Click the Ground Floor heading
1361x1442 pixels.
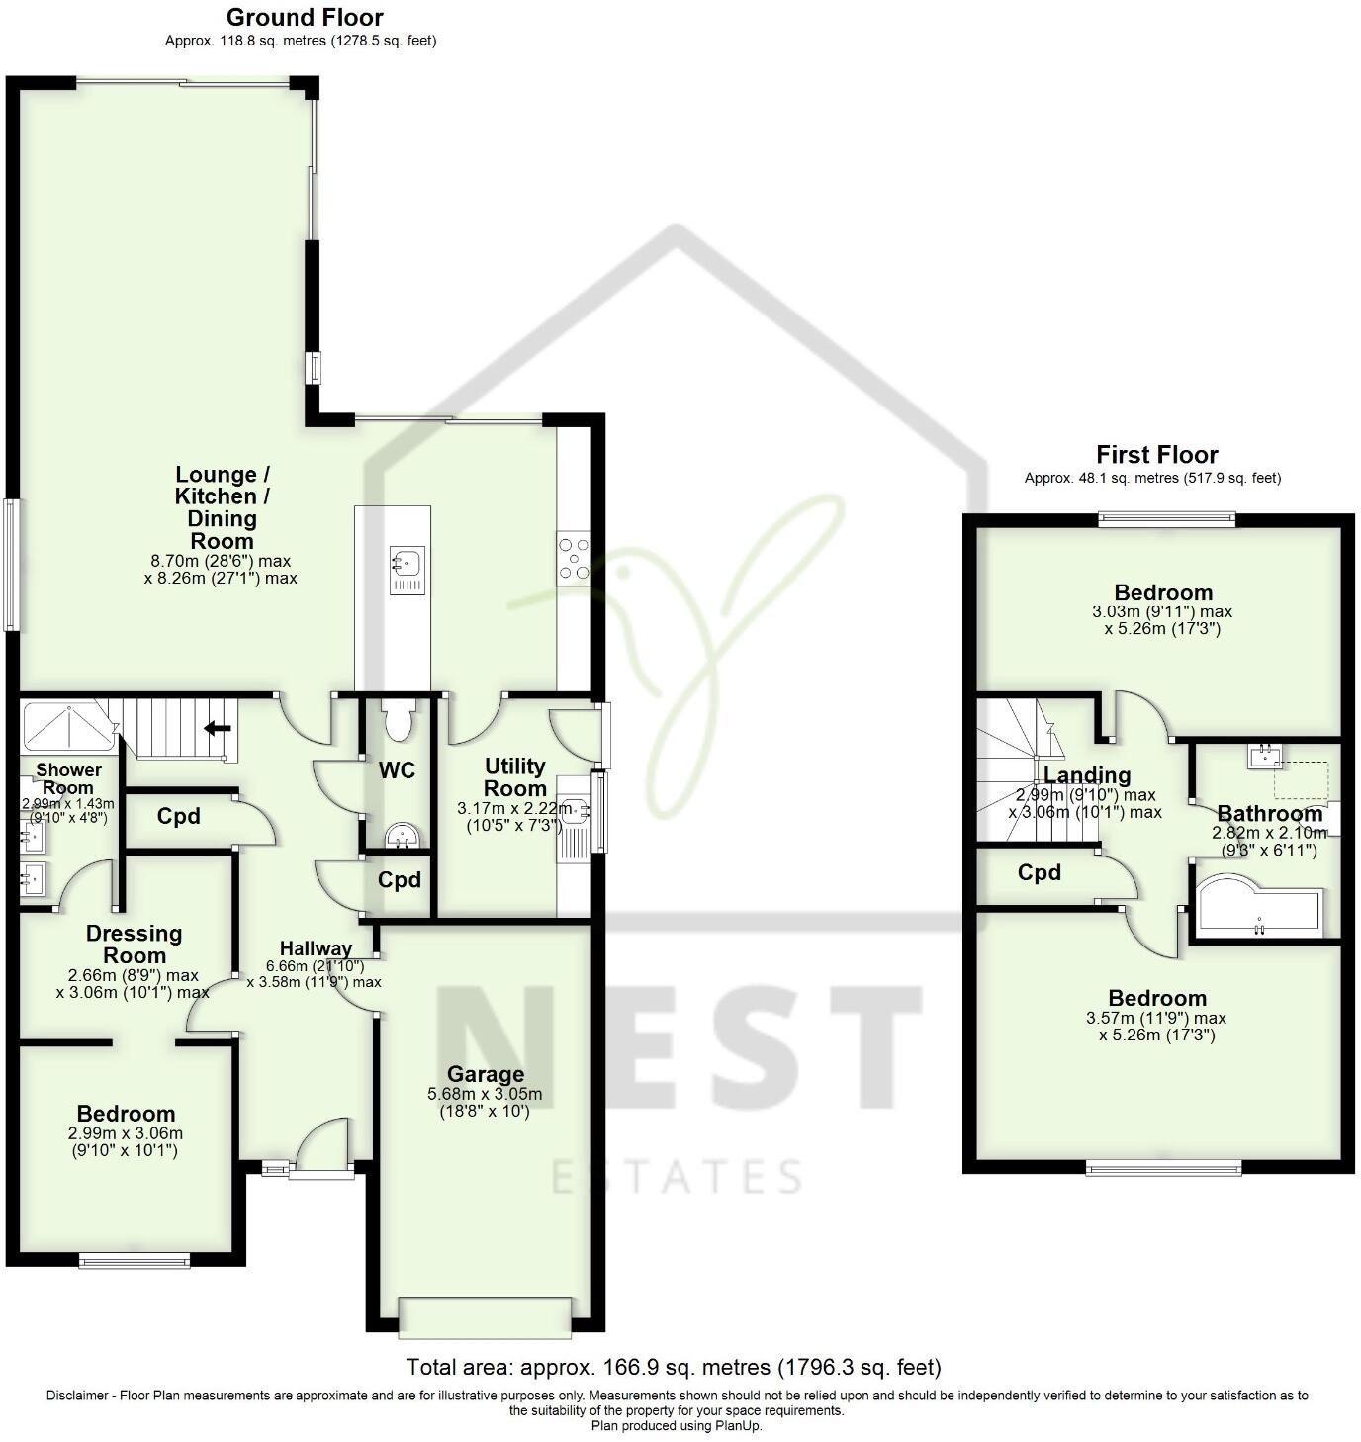tap(304, 17)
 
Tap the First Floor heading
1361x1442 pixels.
tap(1156, 455)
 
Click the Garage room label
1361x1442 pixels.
tap(485, 1074)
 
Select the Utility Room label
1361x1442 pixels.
tap(515, 777)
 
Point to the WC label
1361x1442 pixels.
tap(398, 770)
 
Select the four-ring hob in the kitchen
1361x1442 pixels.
tap(574, 557)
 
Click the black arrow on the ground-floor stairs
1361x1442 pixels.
tap(218, 729)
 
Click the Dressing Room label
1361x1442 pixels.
tap(135, 945)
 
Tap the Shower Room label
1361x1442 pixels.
tap(68, 778)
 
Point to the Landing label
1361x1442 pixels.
tap(1087, 775)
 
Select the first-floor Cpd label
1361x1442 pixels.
tap(1039, 872)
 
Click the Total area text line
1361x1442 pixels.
tap(674, 1368)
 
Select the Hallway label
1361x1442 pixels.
tap(316, 947)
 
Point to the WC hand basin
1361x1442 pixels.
tap(404, 838)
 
